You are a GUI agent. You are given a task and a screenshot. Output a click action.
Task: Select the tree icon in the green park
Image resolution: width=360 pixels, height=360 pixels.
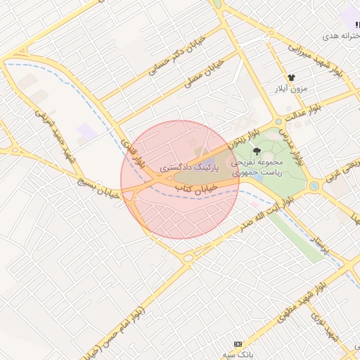point(256,150)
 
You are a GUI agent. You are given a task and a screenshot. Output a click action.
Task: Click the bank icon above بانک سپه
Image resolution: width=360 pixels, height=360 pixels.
point(238,344)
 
